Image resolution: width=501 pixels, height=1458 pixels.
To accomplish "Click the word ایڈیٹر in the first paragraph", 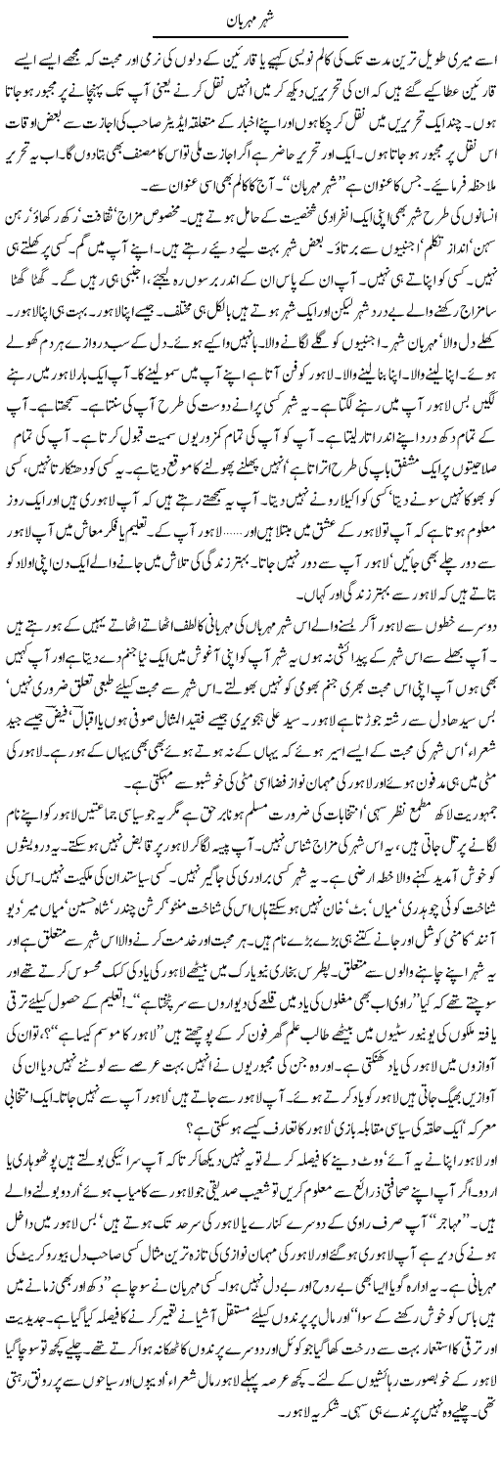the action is tap(196, 131).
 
